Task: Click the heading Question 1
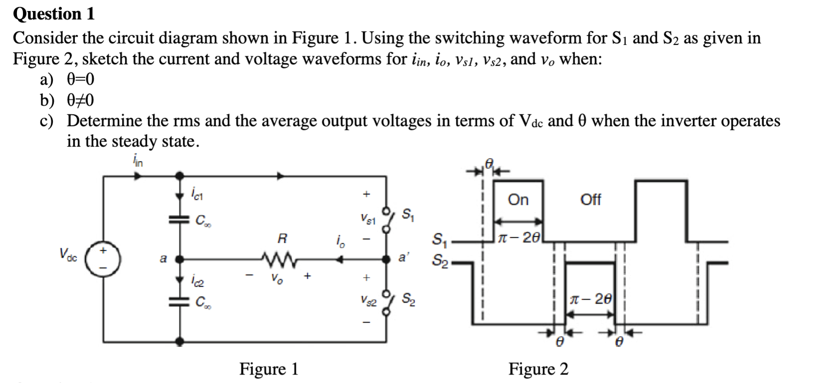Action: click(54, 14)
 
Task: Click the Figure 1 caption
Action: click(269, 369)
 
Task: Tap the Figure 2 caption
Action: click(538, 369)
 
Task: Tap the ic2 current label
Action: click(196, 283)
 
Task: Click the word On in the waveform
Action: click(518, 200)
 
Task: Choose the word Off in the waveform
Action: click(591, 200)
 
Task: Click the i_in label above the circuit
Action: click(138, 161)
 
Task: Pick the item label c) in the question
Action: click(46, 121)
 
